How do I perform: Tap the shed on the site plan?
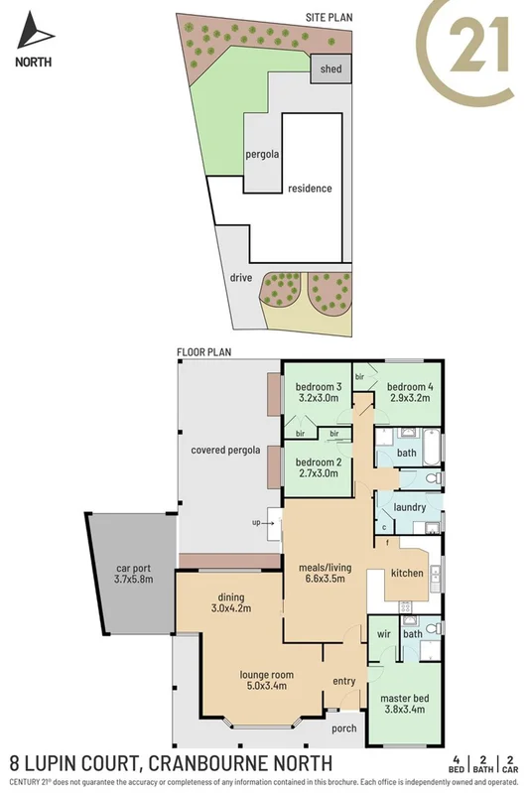(x=328, y=69)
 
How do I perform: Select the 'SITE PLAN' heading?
(x=330, y=18)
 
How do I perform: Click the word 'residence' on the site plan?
(x=310, y=189)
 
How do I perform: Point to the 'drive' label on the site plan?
(x=239, y=278)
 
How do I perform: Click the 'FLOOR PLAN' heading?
(x=203, y=352)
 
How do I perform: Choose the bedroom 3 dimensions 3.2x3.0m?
(x=320, y=398)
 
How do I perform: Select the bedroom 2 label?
(x=320, y=462)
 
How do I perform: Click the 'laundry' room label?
(x=410, y=507)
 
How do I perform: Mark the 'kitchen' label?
(x=407, y=574)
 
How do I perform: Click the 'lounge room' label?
(x=263, y=674)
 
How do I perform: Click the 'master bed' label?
(x=403, y=698)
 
